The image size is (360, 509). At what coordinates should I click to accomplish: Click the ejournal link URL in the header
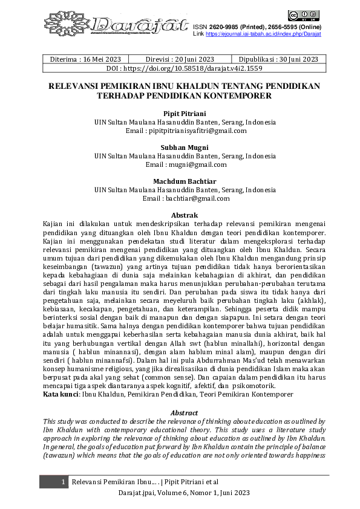coord(263,34)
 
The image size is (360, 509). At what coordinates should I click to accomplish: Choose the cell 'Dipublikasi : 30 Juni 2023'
coord(278,59)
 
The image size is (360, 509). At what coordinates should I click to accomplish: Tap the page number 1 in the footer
coord(63,481)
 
